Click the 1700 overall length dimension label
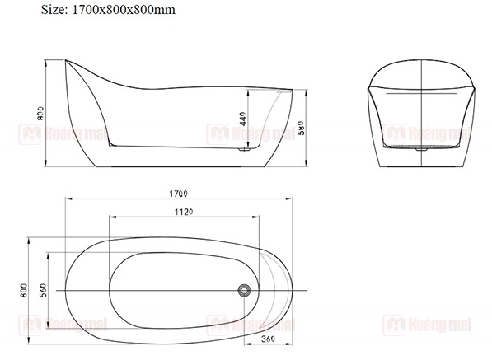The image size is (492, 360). tap(178, 194)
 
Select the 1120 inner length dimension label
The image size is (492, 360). tap(184, 213)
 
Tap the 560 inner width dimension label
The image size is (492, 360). tap(44, 290)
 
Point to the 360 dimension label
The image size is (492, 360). tap(268, 339)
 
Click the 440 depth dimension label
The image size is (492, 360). tap(242, 119)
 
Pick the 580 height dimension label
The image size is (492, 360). tap(301, 128)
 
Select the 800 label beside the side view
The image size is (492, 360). tap(40, 114)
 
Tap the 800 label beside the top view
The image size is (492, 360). tap(24, 291)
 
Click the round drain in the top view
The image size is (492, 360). tap(244, 290)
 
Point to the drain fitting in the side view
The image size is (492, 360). tap(244, 150)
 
